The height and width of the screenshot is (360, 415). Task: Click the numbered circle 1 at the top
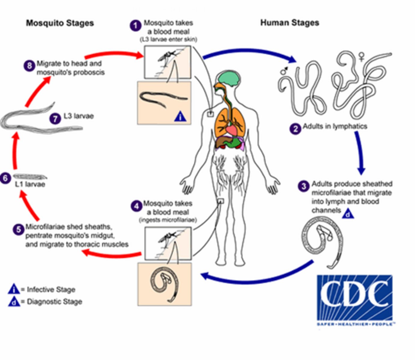click(x=135, y=25)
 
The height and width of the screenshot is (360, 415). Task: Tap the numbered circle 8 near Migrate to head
click(x=29, y=65)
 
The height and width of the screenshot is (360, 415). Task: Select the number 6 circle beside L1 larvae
click(x=5, y=178)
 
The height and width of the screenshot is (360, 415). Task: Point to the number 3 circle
click(x=304, y=186)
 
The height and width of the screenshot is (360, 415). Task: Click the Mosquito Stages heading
click(x=60, y=23)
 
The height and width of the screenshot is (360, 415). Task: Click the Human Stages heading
click(x=289, y=23)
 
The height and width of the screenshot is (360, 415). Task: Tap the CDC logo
click(x=355, y=298)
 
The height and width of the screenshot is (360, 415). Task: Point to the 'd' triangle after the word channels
click(x=348, y=214)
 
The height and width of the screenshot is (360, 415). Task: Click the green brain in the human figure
click(x=229, y=79)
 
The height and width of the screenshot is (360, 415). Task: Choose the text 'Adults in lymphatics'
click(x=335, y=126)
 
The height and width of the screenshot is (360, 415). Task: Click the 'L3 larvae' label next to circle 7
click(x=78, y=116)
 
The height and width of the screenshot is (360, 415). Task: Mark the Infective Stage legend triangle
click(x=14, y=289)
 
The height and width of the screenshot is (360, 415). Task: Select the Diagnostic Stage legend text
click(x=54, y=301)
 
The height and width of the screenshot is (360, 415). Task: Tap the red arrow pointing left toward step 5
click(x=111, y=254)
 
